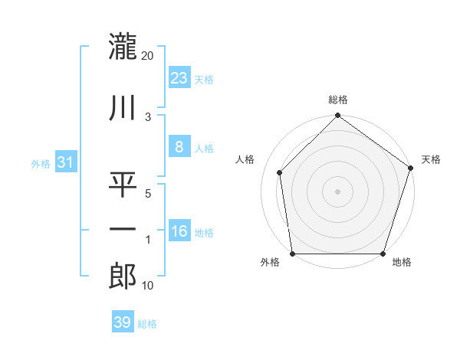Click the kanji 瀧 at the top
coord(123,46)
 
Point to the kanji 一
coord(123,229)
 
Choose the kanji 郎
coord(123,275)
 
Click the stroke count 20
coord(148,56)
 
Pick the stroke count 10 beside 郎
coord(149,286)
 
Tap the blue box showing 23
coord(179,77)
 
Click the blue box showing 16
coord(179,231)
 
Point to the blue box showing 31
coord(65,162)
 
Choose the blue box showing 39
coord(122,322)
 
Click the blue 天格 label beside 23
coord(204,80)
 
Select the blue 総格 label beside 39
coord(147,324)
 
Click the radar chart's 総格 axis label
coord(338,100)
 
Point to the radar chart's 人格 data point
coord(280,172)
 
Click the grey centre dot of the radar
coord(338,191)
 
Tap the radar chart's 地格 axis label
coord(402,263)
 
